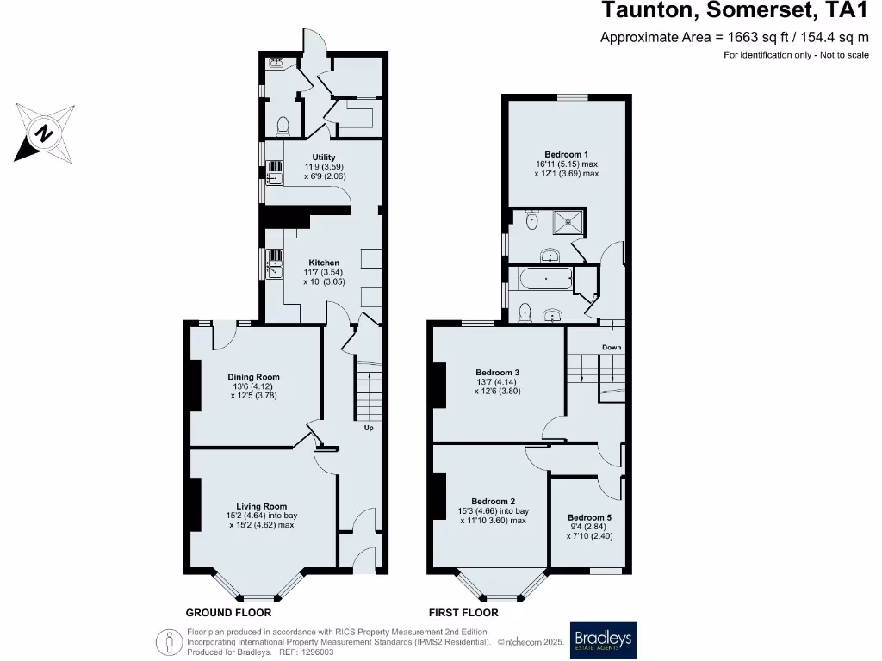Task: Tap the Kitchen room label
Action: pyautogui.click(x=325, y=263)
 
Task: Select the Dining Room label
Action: pyautogui.click(x=253, y=377)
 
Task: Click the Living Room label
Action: pyautogui.click(x=262, y=507)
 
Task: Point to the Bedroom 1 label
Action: pyautogui.click(x=566, y=155)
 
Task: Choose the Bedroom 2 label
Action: pyautogui.click(x=493, y=502)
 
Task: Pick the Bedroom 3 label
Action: pyautogui.click(x=497, y=373)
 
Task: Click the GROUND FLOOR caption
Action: pyautogui.click(x=228, y=613)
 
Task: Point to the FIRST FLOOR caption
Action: pyautogui.click(x=463, y=613)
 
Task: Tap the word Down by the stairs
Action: pyautogui.click(x=612, y=348)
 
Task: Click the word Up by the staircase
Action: pyautogui.click(x=369, y=428)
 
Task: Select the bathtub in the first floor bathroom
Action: pyautogui.click(x=540, y=280)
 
